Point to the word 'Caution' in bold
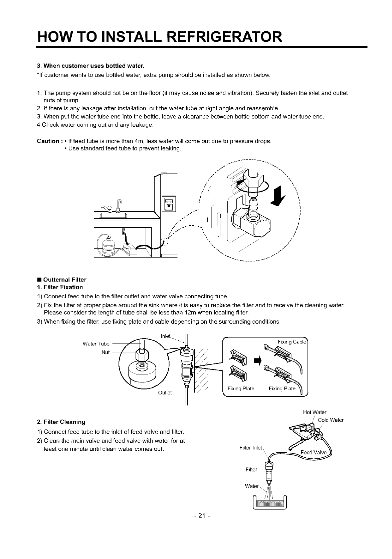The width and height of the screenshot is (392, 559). (x=48, y=141)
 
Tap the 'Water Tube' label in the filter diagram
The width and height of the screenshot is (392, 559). (x=96, y=344)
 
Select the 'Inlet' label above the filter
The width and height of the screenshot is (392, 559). (x=166, y=336)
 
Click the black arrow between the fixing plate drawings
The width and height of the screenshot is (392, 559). (x=257, y=360)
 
